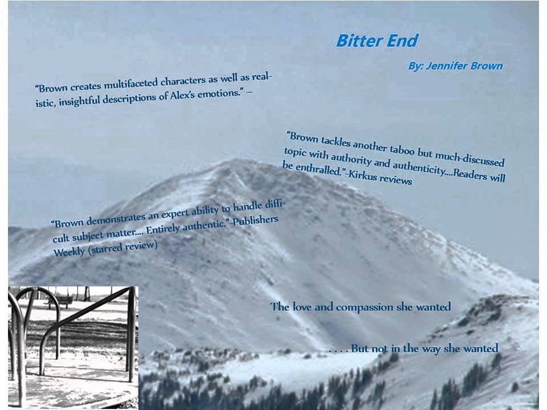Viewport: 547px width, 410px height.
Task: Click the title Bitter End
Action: (377, 41)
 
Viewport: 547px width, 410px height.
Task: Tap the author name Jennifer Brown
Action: (464, 65)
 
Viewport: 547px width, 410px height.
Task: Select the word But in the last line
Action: (360, 348)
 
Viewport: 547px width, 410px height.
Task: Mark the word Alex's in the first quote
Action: (183, 96)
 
